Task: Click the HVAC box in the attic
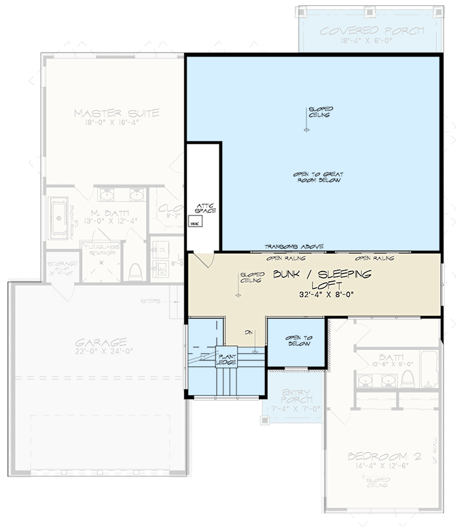tap(195, 223)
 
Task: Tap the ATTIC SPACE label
tap(202, 208)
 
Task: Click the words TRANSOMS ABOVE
tap(294, 246)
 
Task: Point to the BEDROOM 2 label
tap(376, 457)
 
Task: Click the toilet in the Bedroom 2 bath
tap(407, 378)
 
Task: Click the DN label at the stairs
tap(248, 332)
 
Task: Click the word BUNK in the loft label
tap(293, 273)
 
